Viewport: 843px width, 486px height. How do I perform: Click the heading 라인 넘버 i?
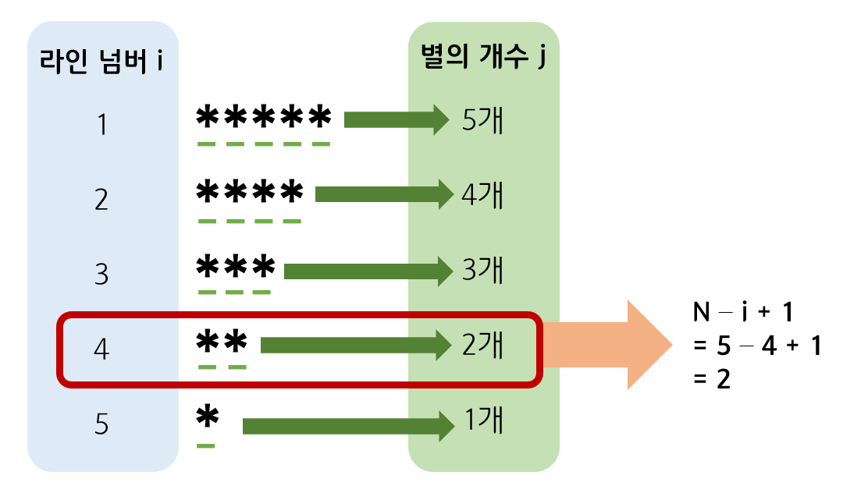click(101, 60)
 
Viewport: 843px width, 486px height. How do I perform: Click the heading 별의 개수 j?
click(482, 56)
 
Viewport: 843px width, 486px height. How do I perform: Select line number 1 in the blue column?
click(101, 125)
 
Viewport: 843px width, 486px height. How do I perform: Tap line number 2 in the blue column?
click(101, 199)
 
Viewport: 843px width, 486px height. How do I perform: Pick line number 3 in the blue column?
click(101, 274)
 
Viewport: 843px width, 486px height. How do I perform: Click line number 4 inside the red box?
click(101, 349)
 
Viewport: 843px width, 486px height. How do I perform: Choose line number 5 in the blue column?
click(101, 424)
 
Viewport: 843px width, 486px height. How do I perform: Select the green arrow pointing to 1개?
click(348, 426)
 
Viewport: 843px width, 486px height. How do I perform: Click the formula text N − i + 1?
click(743, 313)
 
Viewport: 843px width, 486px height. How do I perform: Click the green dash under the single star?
click(206, 445)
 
